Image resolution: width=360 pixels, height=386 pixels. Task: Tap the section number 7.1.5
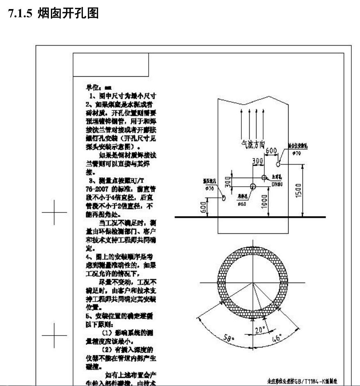(22, 14)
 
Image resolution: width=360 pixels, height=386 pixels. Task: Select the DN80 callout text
(278, 184)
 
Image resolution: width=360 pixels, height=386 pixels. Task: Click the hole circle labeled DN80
(264, 177)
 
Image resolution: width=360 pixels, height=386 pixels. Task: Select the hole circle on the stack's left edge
(224, 197)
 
